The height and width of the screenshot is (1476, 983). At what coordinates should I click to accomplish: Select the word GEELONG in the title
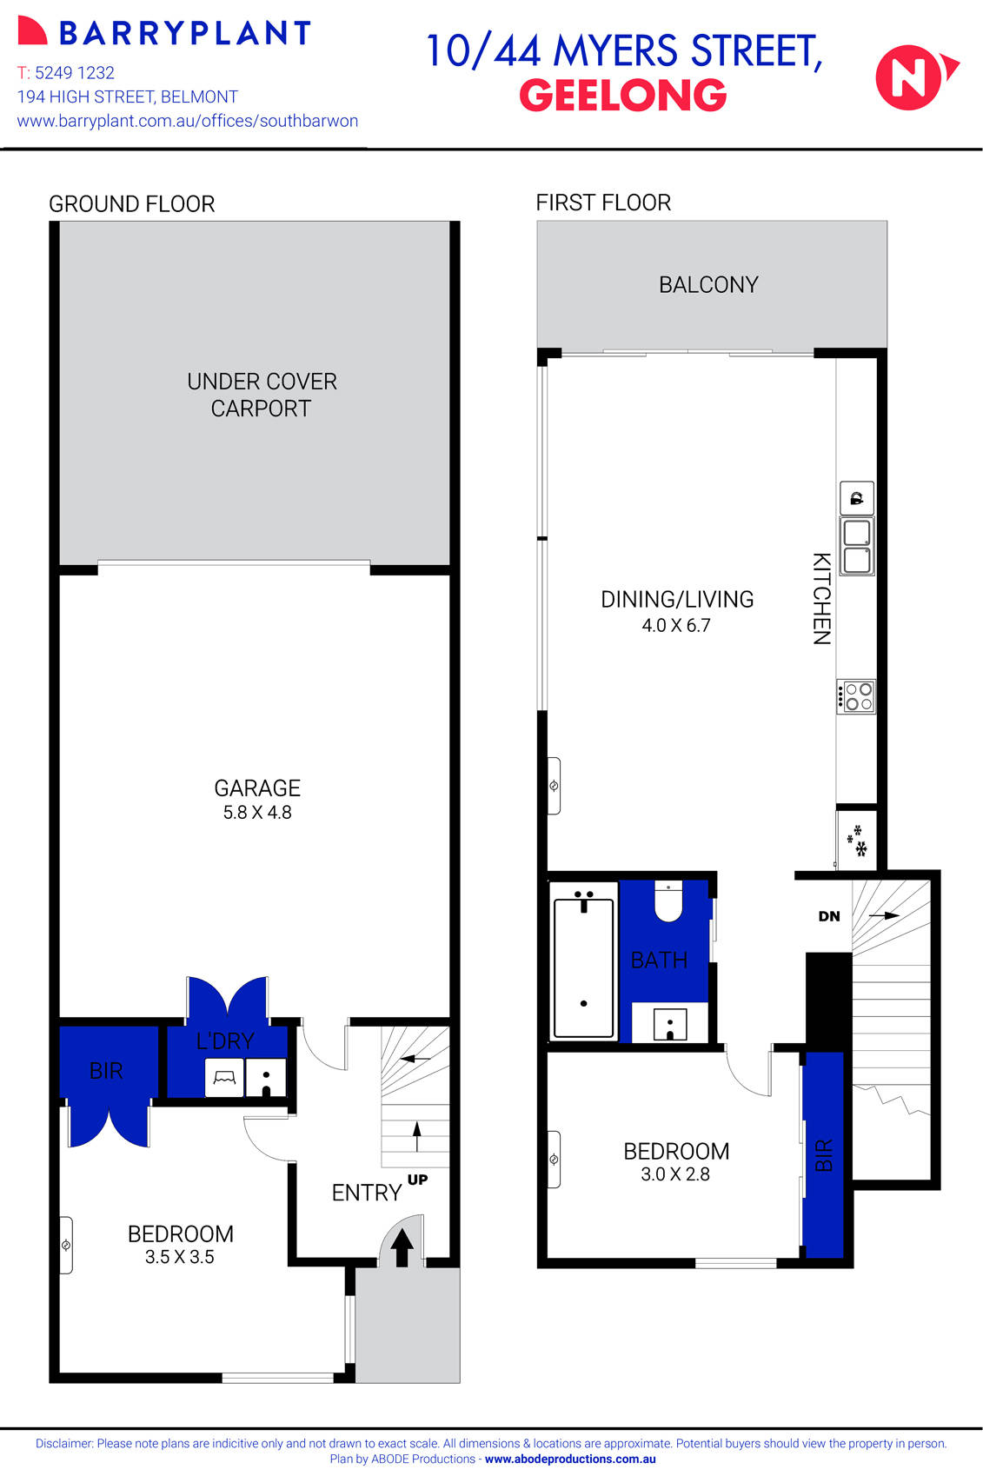622,96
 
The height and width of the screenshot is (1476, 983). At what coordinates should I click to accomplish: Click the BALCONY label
708,285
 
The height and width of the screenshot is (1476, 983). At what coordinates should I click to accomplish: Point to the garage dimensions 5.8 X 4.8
257,813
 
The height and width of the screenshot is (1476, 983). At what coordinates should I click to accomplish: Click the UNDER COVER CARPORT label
262,395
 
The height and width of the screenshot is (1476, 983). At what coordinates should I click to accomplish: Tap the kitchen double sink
857,546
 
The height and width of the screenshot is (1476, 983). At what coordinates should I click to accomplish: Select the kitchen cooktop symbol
857,696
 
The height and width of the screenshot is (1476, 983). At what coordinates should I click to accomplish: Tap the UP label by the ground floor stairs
417,1180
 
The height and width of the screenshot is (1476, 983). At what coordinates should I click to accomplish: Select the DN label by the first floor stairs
829,916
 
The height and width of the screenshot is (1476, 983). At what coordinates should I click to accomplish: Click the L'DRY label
225,1041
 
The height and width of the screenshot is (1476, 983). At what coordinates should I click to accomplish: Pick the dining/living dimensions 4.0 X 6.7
676,626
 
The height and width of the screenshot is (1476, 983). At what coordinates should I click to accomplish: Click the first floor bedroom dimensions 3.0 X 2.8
675,1174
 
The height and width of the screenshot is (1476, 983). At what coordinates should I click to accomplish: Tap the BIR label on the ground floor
106,1071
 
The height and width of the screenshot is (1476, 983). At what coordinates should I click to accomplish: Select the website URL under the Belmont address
188,121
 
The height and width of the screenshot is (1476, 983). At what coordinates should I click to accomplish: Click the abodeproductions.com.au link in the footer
570,1459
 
